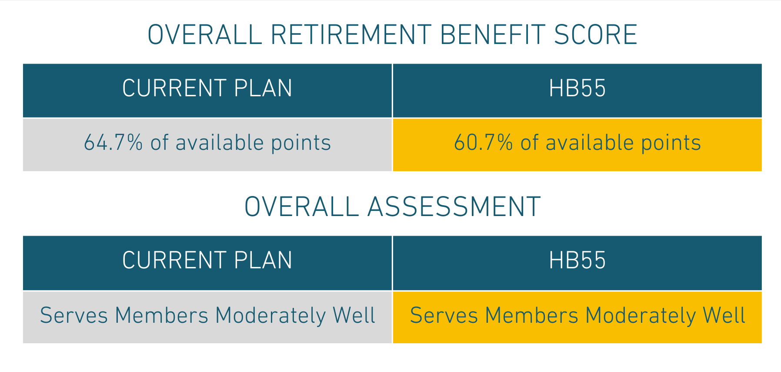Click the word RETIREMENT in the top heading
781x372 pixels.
point(351,35)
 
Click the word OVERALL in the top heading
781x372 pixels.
point(205,35)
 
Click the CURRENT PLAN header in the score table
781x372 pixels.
point(207,88)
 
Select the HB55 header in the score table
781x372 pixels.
point(577,88)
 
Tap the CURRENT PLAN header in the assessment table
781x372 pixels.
point(207,260)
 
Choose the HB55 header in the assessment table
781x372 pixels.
point(577,260)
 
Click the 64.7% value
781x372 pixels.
point(113,142)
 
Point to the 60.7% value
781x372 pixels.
point(483,142)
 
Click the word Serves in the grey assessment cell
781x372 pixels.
point(74,315)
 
